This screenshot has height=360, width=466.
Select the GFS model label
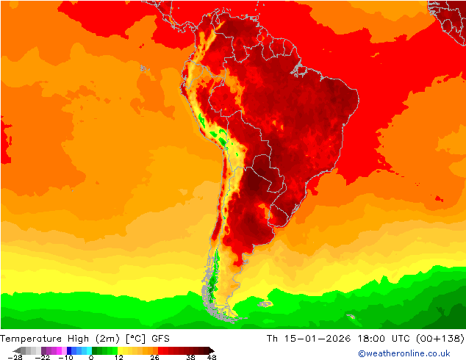161,339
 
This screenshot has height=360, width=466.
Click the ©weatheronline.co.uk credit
404,353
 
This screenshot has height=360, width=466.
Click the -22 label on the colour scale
42,357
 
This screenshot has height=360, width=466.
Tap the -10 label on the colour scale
65,357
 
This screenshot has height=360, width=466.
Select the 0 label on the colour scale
91,357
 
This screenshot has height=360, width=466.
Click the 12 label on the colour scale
118,357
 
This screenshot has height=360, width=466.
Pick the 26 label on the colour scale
154,357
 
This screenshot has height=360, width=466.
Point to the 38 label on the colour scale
190,357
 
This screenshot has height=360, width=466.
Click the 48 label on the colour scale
212,357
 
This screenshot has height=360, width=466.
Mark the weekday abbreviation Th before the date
273,339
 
